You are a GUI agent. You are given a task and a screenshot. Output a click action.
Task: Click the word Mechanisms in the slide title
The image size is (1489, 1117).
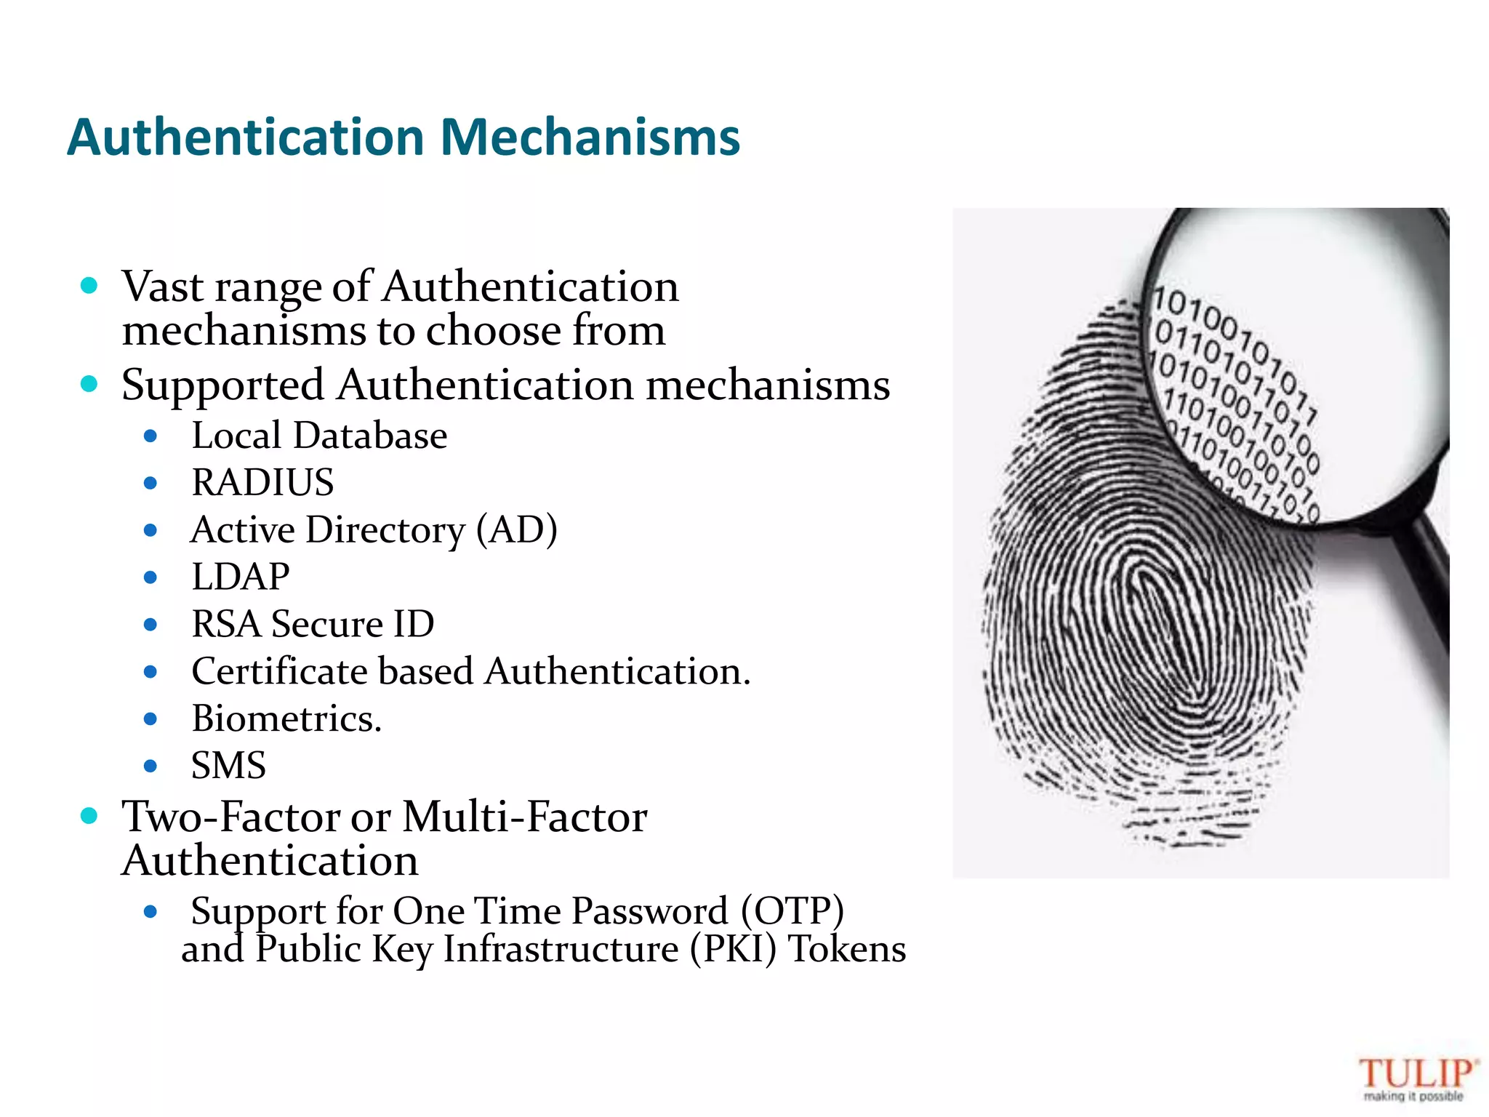click(590, 137)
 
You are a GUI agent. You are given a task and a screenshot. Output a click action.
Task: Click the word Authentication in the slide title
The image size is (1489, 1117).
click(246, 137)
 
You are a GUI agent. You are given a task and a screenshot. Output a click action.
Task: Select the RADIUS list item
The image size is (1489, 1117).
click(262, 482)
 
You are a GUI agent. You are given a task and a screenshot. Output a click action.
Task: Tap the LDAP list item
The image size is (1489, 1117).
click(241, 577)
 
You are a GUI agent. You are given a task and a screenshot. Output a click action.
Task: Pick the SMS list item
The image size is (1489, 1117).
click(228, 765)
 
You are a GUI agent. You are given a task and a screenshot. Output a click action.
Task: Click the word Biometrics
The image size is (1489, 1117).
click(286, 718)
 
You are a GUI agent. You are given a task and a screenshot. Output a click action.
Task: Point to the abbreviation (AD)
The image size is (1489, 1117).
click(517, 529)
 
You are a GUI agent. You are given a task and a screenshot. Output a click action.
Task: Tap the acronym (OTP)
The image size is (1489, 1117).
click(792, 910)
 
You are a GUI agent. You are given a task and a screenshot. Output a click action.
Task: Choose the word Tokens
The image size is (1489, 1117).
click(848, 949)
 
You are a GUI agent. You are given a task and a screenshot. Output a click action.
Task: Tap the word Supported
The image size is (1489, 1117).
click(222, 385)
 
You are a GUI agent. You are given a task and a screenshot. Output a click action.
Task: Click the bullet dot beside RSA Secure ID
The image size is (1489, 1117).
click(150, 624)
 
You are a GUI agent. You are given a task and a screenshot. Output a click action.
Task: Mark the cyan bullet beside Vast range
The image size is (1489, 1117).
click(89, 285)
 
